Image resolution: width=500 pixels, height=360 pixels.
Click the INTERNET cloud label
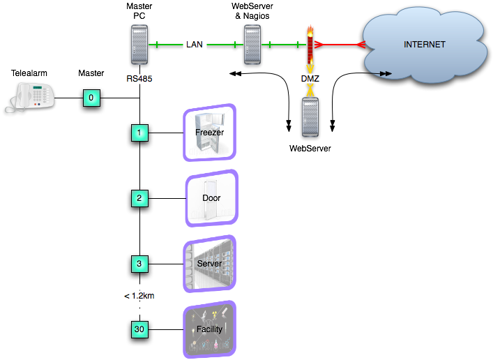click(x=424, y=45)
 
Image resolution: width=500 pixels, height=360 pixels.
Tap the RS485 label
click(x=139, y=79)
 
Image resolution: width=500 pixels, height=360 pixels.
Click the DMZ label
click(x=310, y=79)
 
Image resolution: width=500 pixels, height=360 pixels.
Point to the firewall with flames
click(x=310, y=46)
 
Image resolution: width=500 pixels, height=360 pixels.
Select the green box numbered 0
click(x=91, y=98)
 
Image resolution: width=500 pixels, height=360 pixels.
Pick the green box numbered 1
click(x=139, y=132)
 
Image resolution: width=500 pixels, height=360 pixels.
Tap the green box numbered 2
click(x=139, y=198)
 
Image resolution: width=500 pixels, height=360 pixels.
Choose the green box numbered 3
click(x=139, y=264)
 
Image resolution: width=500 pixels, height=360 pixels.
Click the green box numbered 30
click(x=139, y=328)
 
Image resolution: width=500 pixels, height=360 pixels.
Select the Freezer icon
click(x=209, y=133)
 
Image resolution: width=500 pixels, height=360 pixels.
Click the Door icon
click(x=211, y=198)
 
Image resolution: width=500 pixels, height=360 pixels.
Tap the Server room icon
click(x=209, y=264)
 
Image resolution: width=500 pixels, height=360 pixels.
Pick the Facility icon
click(x=209, y=329)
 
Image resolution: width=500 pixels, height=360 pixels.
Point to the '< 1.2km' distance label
click(x=139, y=296)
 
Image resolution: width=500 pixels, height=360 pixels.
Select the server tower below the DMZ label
click(x=310, y=117)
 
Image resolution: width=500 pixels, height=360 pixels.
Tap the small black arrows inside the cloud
click(x=383, y=73)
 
